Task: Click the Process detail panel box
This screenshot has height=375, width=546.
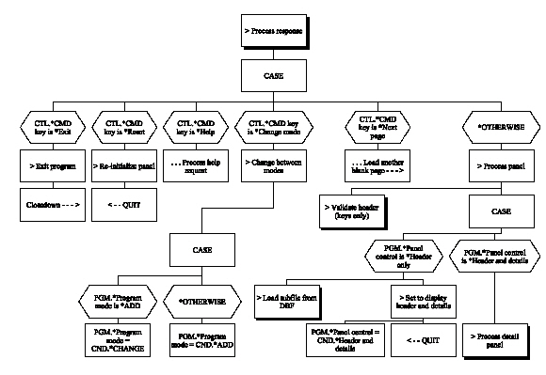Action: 496,337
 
